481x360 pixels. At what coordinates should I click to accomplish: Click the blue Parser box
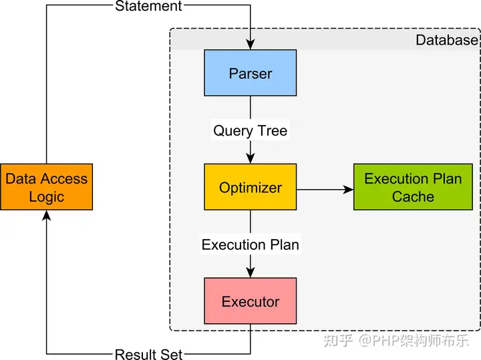(251, 73)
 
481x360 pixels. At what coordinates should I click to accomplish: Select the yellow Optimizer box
(251, 187)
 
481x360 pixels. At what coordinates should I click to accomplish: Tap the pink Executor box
(251, 301)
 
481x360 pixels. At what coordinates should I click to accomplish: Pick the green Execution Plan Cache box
(413, 187)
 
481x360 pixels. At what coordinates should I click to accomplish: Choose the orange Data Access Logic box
(46, 187)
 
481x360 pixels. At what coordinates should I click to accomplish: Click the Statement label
(148, 6)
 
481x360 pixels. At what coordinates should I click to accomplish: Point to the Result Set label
(148, 355)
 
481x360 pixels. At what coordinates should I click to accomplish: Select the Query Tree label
(251, 131)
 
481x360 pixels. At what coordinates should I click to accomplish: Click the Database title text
(447, 40)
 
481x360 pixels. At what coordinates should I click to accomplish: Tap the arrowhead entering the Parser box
(251, 45)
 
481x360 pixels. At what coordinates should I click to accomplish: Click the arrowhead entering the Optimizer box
(251, 159)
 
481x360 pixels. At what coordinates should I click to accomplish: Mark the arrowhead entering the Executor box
(251, 273)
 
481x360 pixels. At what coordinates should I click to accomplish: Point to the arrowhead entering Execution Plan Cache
(349, 190)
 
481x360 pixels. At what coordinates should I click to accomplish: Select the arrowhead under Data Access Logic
(46, 215)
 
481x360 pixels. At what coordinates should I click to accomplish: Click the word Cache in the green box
(413, 196)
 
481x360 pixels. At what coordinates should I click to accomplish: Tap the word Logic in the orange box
(46, 197)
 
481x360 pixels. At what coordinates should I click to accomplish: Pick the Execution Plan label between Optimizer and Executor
(251, 244)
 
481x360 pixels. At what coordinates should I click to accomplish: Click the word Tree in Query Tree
(273, 131)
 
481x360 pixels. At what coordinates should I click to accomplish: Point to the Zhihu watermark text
(396, 341)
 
